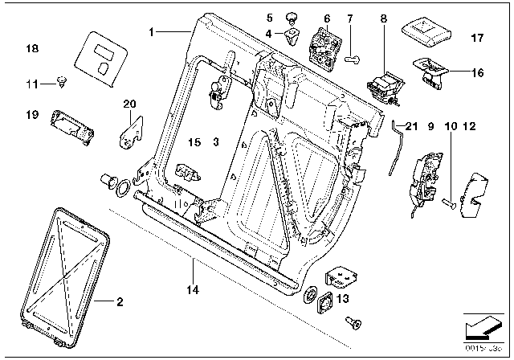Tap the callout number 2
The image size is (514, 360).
119,302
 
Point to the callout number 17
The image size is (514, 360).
477,38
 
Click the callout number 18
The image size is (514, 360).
32,49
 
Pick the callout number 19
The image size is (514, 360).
32,116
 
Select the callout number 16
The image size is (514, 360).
477,73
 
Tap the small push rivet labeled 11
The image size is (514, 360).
62,80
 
